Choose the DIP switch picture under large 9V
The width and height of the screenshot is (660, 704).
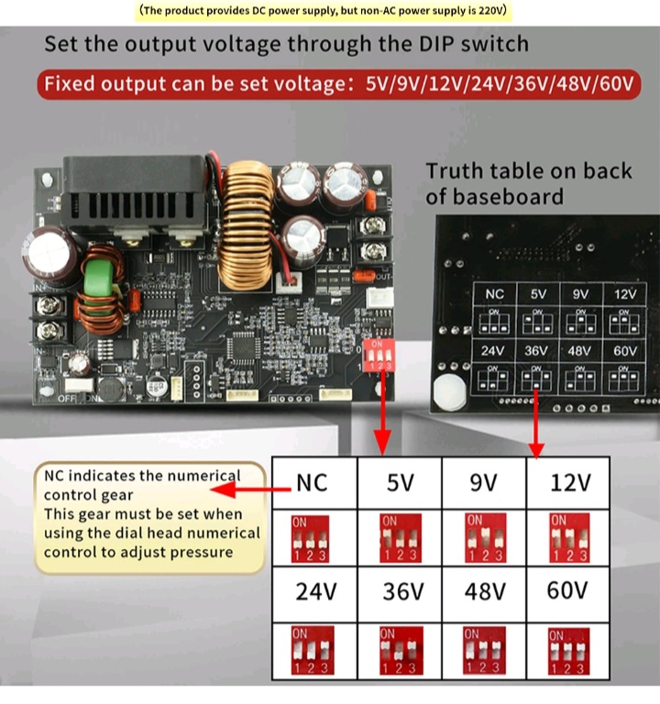[x=483, y=539]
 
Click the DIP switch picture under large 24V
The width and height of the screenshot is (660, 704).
[x=310, y=651]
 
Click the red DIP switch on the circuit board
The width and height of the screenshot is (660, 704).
[x=378, y=355]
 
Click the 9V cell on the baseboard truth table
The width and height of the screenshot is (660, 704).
[x=579, y=294]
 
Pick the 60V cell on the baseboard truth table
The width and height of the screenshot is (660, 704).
[x=624, y=350]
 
